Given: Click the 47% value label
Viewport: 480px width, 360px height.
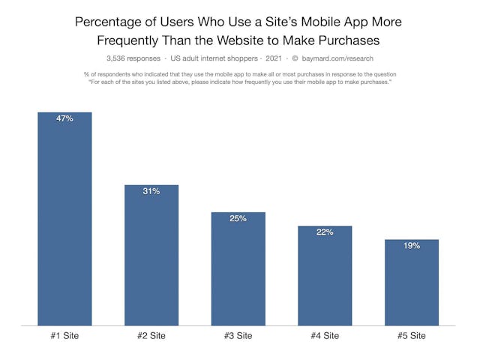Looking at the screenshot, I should [64, 118].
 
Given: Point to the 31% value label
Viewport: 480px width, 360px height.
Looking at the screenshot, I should [151, 191].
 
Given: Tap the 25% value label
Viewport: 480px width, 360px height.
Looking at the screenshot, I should [238, 218].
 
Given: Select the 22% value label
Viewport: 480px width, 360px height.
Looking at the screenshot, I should [325, 232].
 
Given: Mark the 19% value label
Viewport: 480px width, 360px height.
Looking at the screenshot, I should [411, 245].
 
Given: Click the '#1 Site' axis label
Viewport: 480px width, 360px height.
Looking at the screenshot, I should [64, 336].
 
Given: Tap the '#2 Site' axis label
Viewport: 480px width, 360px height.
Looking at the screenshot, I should [151, 336].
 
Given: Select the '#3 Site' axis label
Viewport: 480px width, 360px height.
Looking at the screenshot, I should [238, 336].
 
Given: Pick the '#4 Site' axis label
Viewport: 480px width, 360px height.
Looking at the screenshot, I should [325, 336].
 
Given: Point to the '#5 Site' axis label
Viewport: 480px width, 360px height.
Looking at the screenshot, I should [411, 336].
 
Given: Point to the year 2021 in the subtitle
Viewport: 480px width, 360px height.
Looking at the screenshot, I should [274, 58].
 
